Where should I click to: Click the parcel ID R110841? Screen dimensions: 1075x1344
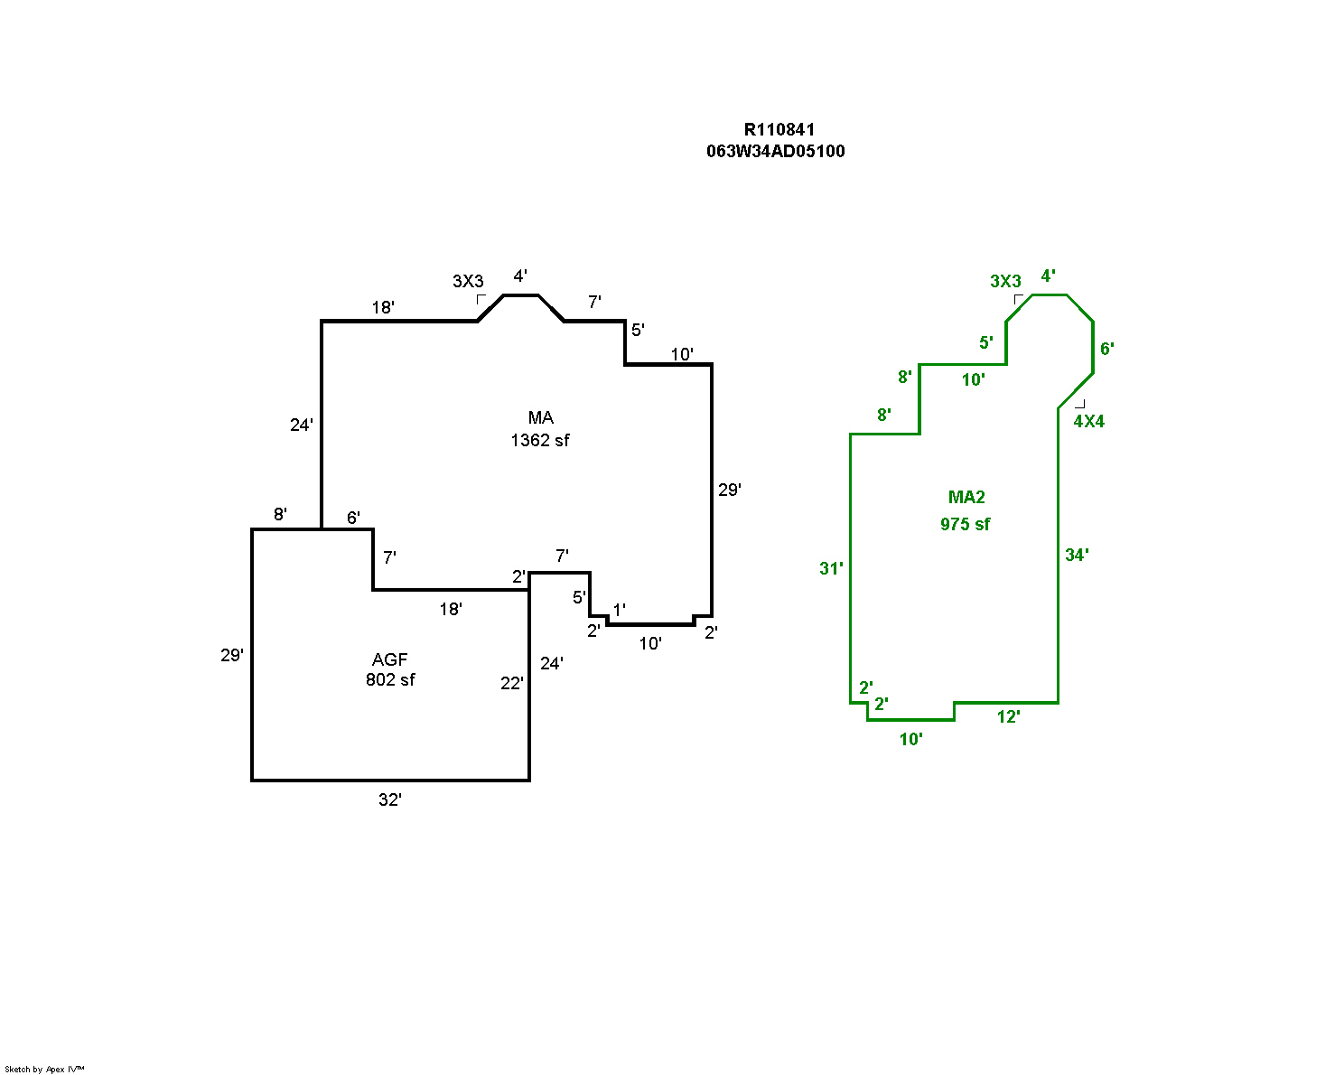click(x=779, y=130)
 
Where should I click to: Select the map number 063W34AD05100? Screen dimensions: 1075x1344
click(x=776, y=152)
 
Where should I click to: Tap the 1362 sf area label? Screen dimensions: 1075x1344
click(x=540, y=441)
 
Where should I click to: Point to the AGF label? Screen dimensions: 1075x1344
click(x=390, y=660)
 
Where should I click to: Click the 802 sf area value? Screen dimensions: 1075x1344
click(x=390, y=680)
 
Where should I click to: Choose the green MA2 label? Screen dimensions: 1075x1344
click(x=966, y=498)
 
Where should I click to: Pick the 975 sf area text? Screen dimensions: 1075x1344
click(x=965, y=525)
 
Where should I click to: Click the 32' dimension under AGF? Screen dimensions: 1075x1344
click(x=389, y=800)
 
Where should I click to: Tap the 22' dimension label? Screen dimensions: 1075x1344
click(x=511, y=684)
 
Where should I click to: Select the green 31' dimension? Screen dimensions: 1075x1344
click(x=831, y=569)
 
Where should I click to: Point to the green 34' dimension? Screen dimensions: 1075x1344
click(x=1077, y=556)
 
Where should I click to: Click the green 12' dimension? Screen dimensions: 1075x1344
click(x=1008, y=717)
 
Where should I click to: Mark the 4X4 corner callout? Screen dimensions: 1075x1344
click(x=1088, y=422)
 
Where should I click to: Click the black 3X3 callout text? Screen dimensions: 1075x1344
click(x=468, y=282)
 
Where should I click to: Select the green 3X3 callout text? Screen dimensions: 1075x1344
click(x=1005, y=282)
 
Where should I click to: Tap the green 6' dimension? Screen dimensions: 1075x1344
click(x=1106, y=349)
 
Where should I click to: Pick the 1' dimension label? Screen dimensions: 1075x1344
click(x=619, y=610)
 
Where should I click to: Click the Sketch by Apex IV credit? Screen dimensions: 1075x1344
click(x=44, y=1069)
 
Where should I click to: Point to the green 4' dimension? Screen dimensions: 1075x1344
click(x=1048, y=276)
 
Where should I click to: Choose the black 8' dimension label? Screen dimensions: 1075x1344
click(x=280, y=515)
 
